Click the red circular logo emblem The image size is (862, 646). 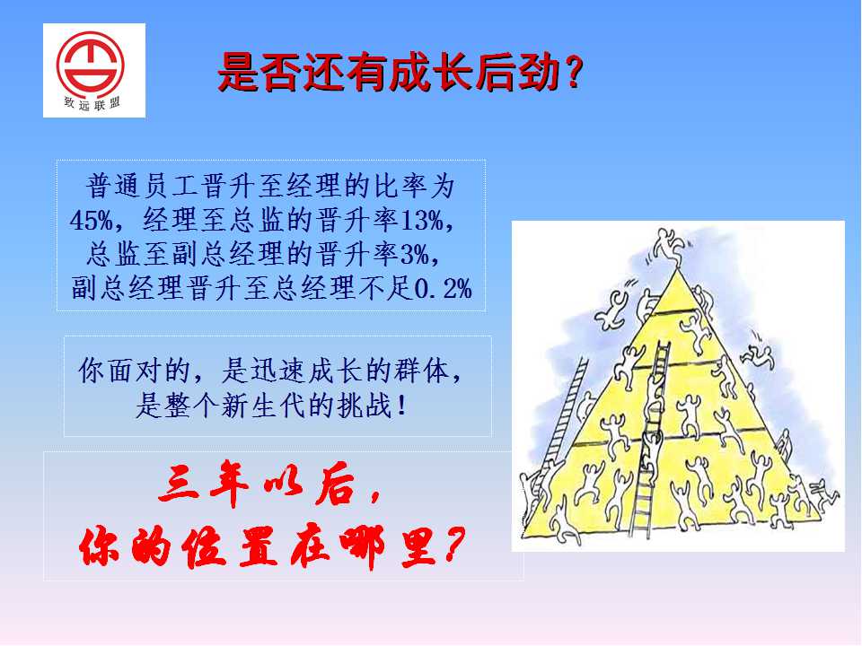tap(91, 65)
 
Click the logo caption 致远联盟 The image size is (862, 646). tap(92, 102)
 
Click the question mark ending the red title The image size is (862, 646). tap(573, 73)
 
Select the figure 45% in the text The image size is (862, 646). tap(92, 221)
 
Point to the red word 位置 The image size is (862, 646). tap(229, 546)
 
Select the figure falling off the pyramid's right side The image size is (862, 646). tap(758, 354)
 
